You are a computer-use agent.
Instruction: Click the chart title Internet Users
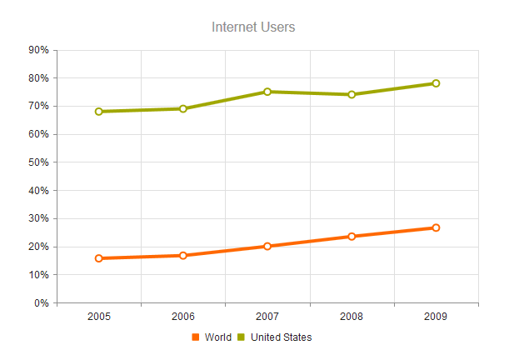click(253, 27)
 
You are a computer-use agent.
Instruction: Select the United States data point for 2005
click(99, 112)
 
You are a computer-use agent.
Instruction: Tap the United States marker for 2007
click(267, 92)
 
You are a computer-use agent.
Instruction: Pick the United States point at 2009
click(436, 83)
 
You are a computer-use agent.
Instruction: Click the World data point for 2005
click(99, 258)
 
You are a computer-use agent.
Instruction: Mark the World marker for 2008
click(352, 237)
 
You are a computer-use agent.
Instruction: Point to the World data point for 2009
click(436, 227)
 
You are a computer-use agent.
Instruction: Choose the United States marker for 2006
click(183, 108)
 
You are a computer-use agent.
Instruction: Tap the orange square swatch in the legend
click(196, 337)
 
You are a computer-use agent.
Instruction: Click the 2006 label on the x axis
click(183, 317)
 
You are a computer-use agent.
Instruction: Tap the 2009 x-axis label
click(436, 317)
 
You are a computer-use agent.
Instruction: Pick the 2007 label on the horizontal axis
click(267, 317)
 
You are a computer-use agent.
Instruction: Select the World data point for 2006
click(183, 255)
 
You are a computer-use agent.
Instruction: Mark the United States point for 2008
click(352, 94)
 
